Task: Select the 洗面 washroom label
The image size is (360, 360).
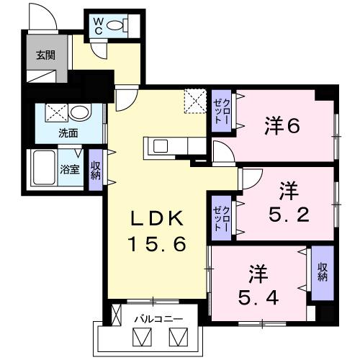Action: tap(68, 133)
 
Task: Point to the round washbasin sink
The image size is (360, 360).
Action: tap(79, 113)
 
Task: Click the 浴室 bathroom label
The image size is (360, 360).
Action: tap(70, 171)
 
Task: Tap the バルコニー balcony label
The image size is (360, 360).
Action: tap(158, 317)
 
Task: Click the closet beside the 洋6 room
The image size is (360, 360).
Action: tap(220, 113)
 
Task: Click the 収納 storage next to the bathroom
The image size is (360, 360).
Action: tap(96, 171)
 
